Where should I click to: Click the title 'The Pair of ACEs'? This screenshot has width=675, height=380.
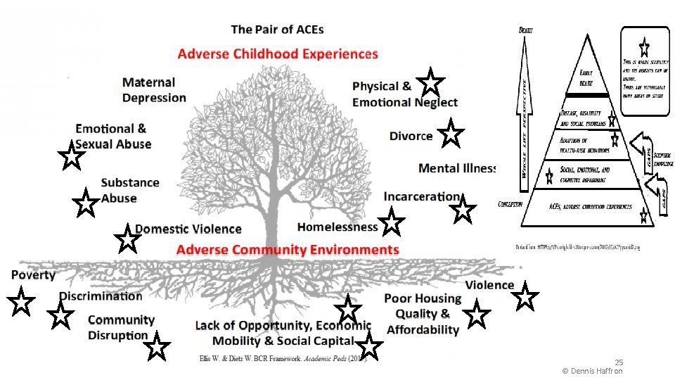(x=277, y=30)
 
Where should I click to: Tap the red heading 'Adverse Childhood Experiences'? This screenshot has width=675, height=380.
(x=278, y=54)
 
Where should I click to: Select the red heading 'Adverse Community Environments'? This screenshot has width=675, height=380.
(x=288, y=250)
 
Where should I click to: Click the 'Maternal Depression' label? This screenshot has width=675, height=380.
(x=154, y=90)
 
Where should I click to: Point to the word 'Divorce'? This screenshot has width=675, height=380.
(x=411, y=136)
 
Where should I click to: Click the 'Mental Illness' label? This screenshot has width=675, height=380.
(x=457, y=168)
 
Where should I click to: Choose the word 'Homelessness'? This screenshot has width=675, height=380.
(x=337, y=227)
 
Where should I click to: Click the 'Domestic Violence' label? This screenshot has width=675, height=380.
(x=188, y=229)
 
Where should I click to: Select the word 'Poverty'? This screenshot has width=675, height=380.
(x=33, y=274)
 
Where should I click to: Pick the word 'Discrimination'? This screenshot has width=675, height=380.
(x=101, y=296)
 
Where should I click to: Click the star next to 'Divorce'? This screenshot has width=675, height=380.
(x=450, y=134)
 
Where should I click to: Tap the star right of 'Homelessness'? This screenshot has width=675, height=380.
(x=392, y=224)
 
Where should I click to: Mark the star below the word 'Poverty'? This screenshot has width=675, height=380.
(x=21, y=303)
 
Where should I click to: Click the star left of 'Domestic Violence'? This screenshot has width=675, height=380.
(x=127, y=239)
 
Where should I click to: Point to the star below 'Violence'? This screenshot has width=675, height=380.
(x=525, y=298)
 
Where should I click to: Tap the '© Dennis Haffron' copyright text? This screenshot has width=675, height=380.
(x=593, y=370)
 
